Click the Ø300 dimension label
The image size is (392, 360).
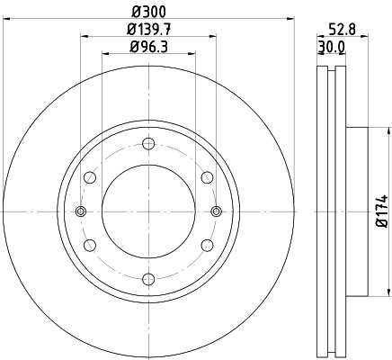point(148,11)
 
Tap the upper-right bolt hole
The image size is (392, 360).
point(207,177)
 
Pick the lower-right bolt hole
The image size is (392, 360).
point(207,245)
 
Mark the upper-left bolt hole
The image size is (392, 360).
point(90,177)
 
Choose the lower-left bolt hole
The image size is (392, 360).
point(90,245)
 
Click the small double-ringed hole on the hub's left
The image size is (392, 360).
point(81,211)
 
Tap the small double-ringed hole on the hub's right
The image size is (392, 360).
point(216,211)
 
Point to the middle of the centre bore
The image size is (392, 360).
point(148,211)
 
